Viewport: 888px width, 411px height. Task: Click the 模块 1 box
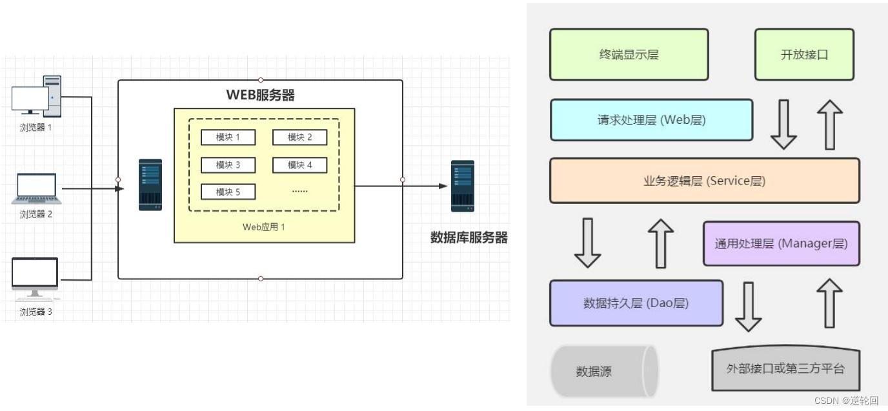click(x=228, y=137)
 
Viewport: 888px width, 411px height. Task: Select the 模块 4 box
click(x=299, y=165)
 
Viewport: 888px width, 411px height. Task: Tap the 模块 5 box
click(x=228, y=192)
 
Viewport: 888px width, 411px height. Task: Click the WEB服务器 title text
click(x=260, y=95)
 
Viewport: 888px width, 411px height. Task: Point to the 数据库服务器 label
click(x=469, y=237)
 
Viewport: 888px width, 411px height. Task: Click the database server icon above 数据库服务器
click(x=462, y=186)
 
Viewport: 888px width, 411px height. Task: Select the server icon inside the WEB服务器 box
click(x=150, y=185)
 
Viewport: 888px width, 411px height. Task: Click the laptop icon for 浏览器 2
click(x=36, y=188)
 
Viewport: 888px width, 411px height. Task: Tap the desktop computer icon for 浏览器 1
click(x=37, y=97)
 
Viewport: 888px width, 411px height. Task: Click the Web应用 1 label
click(x=263, y=227)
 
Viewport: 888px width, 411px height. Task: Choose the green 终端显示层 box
click(x=629, y=55)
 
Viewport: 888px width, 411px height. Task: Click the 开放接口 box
click(x=804, y=55)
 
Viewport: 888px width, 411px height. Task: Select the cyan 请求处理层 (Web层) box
click(x=651, y=120)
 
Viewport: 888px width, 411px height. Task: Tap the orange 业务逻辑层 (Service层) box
click(x=704, y=181)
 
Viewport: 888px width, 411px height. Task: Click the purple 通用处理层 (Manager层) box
click(x=781, y=244)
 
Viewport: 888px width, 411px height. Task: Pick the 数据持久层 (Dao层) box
click(x=636, y=303)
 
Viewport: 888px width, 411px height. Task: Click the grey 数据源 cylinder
click(x=603, y=372)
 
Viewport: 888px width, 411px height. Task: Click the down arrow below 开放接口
click(x=783, y=124)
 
